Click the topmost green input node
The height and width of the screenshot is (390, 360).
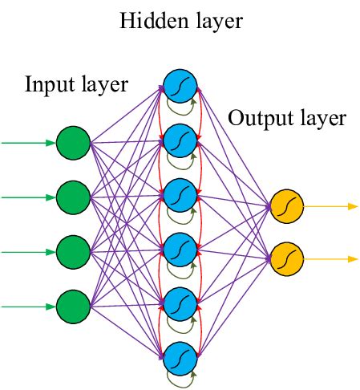tap(72, 144)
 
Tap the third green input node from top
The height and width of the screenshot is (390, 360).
tap(72, 251)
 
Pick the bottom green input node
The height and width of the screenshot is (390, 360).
tap(72, 305)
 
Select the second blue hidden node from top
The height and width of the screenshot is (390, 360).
tap(179, 140)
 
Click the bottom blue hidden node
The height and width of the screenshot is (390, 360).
tap(179, 356)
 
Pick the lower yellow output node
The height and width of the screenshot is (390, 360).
tap(285, 258)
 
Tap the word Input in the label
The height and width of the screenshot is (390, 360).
tap(47, 84)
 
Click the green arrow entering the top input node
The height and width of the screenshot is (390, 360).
tap(28, 144)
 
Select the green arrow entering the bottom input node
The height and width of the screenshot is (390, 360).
tap(28, 305)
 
